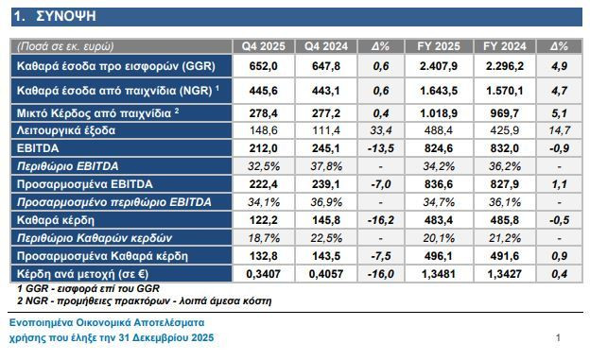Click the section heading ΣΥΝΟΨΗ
66,16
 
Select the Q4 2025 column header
264,46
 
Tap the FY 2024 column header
505,46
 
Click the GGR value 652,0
264,66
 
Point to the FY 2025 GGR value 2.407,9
439,66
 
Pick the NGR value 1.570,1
505,91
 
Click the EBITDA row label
38,148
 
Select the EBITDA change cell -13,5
381,148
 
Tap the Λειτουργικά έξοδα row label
66,130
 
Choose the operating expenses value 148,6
264,130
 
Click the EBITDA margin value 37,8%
326,166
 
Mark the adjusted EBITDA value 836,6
439,184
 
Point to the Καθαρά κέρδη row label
56,220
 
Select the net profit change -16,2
381,220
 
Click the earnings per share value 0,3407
264,274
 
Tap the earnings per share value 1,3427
505,274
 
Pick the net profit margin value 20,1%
439,238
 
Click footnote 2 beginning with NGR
145,301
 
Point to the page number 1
558,338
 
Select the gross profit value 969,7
505,113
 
